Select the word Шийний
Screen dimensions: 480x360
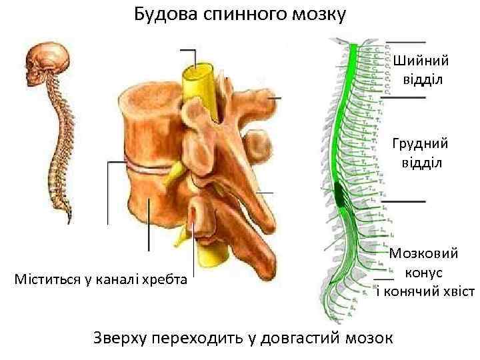tap(421, 61)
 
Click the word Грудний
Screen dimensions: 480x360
tap(420, 143)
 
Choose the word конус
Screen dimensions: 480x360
tap(423, 273)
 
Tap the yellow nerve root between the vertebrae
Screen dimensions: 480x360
tap(175, 175)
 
